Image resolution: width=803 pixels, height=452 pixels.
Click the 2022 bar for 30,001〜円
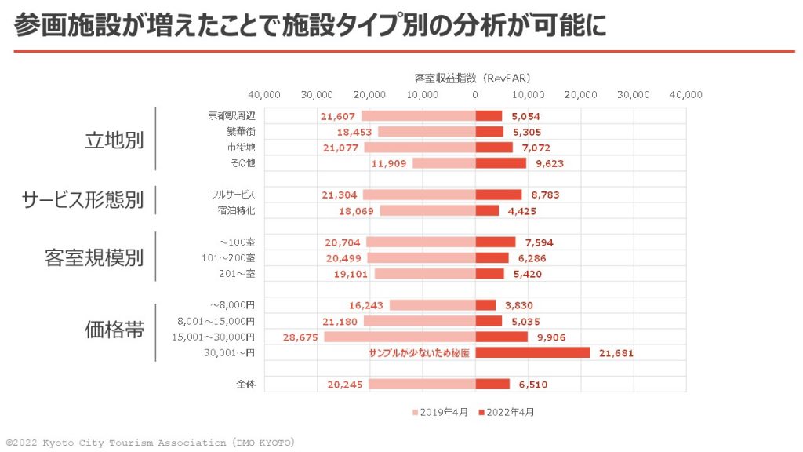click(532, 352)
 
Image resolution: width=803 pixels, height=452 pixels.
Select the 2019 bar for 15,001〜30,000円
click(400, 337)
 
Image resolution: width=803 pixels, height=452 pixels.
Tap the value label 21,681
click(616, 353)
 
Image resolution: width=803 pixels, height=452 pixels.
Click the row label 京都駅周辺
click(231, 115)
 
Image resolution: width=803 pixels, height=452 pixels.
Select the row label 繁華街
click(241, 132)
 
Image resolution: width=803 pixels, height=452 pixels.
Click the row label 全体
click(245, 385)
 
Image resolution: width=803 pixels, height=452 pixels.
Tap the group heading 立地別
click(114, 140)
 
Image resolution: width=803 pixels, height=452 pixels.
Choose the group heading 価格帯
click(114, 330)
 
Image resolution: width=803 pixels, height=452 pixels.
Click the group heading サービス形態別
click(82, 201)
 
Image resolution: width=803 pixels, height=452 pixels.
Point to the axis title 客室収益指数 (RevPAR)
click(473, 78)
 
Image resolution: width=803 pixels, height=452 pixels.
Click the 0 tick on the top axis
click(475, 95)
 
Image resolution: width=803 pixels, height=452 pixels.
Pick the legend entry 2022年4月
click(510, 411)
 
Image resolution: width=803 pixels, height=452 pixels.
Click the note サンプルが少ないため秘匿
click(419, 353)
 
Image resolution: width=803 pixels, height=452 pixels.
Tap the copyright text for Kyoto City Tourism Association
click(150, 443)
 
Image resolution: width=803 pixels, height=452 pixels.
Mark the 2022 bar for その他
click(501, 163)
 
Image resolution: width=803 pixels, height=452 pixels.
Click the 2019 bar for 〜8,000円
click(432, 305)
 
